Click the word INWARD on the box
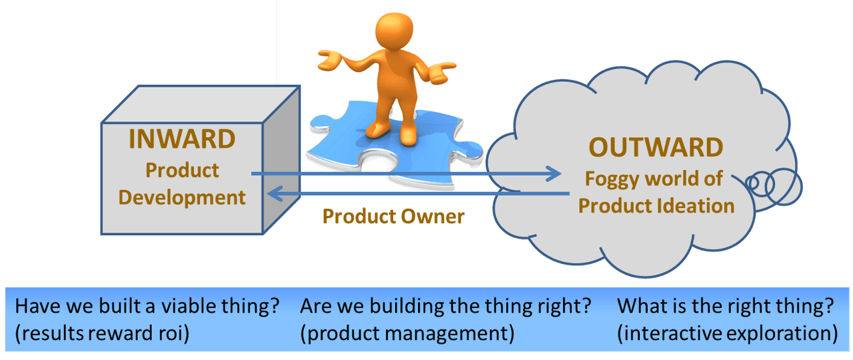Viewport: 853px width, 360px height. [x=182, y=139]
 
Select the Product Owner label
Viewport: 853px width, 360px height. [x=393, y=216]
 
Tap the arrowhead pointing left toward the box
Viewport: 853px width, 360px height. [x=273, y=194]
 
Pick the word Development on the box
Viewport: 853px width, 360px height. [x=182, y=197]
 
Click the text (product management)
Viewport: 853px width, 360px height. [x=407, y=333]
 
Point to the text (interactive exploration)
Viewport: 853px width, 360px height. [x=727, y=333]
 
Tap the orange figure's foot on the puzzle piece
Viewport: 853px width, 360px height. [x=408, y=135]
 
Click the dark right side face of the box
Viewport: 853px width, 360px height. [x=281, y=160]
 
